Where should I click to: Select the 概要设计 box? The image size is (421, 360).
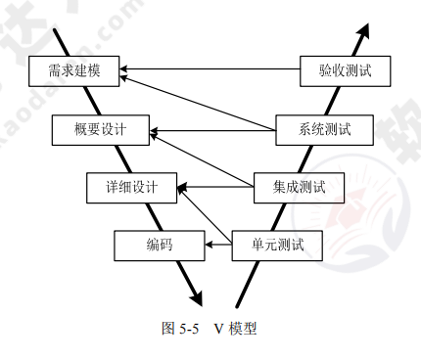click(x=102, y=127)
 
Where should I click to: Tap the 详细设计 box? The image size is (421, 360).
click(x=131, y=185)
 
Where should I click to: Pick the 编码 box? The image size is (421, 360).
click(x=159, y=245)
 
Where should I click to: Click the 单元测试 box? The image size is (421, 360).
click(x=278, y=245)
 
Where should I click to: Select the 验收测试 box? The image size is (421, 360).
click(x=347, y=70)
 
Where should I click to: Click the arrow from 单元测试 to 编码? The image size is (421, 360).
click(x=217, y=245)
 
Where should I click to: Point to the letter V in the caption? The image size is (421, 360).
click(x=219, y=329)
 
